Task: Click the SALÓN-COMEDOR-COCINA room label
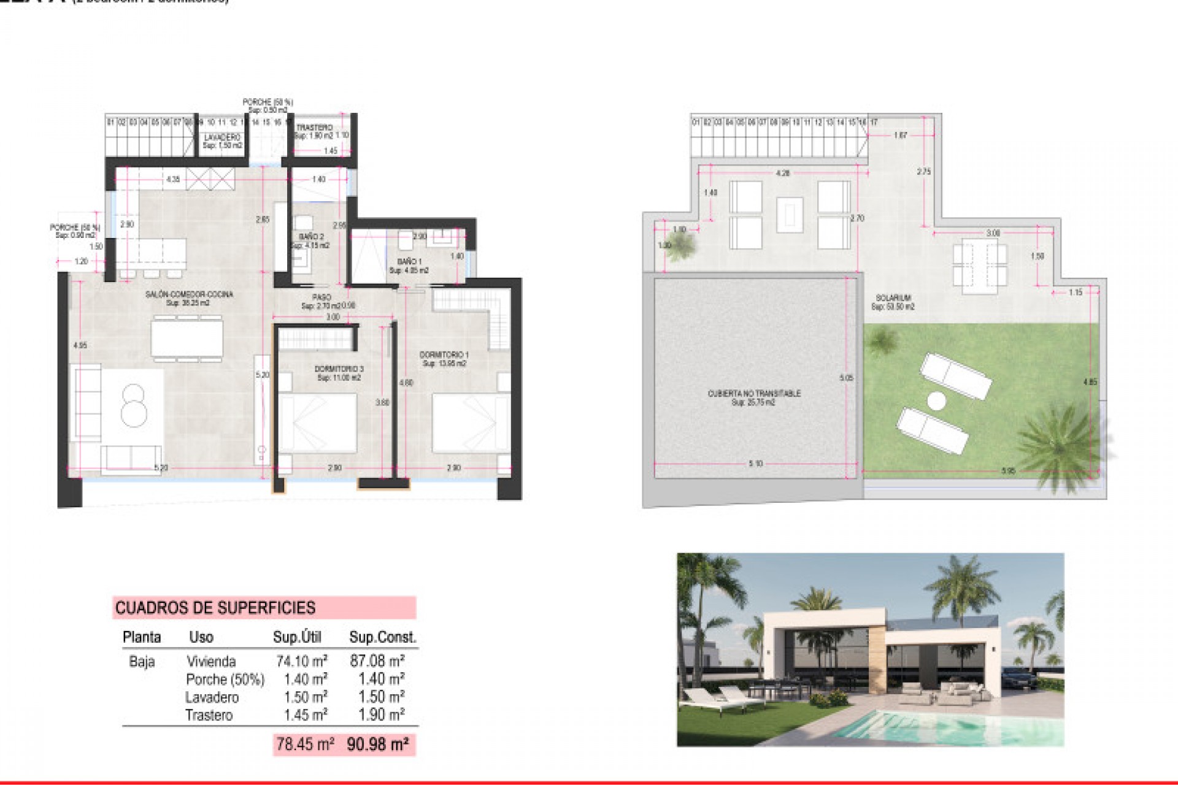tap(189, 295)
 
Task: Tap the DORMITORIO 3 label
tap(339, 369)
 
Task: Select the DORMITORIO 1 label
tap(444, 355)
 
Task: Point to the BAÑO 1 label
tap(409, 262)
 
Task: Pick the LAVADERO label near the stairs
tap(222, 138)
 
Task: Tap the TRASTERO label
tap(314, 128)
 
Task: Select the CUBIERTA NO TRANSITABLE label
tap(753, 394)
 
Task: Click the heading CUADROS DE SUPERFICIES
tap(215, 608)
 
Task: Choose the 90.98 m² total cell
tap(378, 745)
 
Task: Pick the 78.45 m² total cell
tap(305, 745)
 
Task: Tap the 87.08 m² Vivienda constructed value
tap(377, 661)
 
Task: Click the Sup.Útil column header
tap(297, 637)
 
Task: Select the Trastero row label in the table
tap(209, 715)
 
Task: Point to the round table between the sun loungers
tap(936, 402)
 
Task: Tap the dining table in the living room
tap(188, 339)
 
